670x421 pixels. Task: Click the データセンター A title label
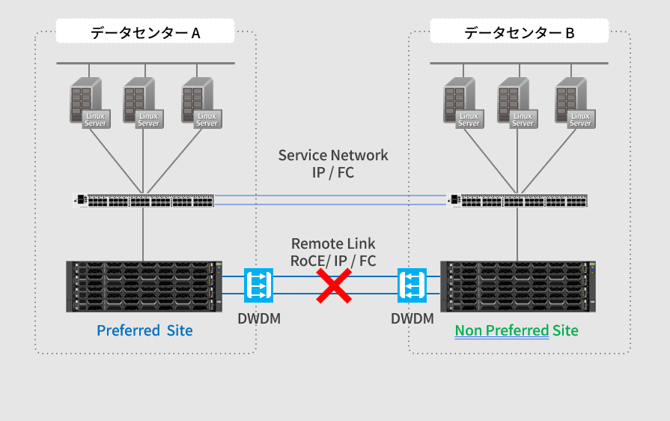tap(145, 32)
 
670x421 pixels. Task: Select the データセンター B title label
tap(520, 32)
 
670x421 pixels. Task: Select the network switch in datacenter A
tap(143, 200)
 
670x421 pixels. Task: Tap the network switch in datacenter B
tap(517, 200)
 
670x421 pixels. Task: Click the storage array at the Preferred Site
tap(144, 286)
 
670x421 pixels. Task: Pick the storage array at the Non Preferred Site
tap(519, 286)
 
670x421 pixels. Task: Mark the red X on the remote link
tap(334, 286)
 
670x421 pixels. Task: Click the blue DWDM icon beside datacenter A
tap(258, 285)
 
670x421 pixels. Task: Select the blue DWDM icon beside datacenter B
tap(412, 285)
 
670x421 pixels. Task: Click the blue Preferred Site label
tap(144, 330)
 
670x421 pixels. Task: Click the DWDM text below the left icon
tap(259, 318)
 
